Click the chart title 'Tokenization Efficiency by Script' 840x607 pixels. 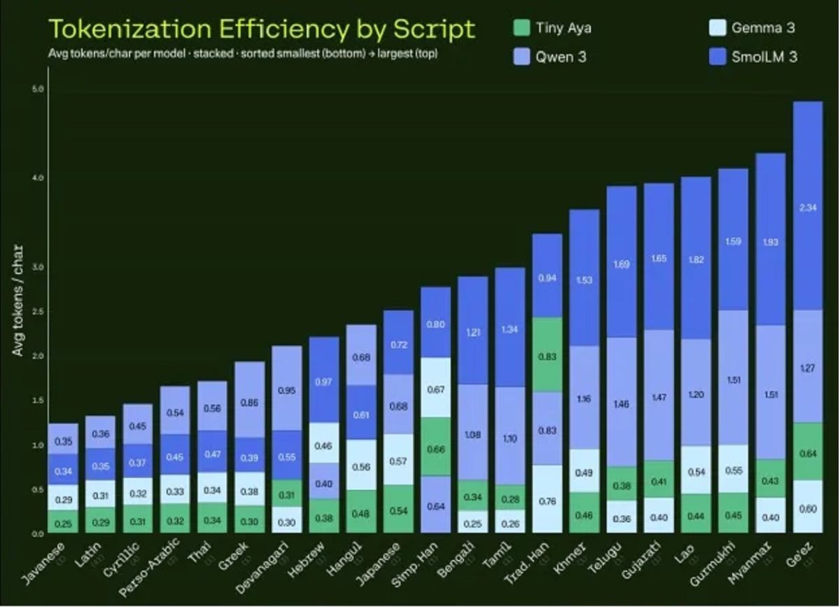(261, 29)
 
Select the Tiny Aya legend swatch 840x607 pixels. (521, 29)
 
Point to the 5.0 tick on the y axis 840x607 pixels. (38, 90)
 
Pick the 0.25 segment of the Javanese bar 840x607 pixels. (63, 521)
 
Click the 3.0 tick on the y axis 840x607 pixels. (38, 267)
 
